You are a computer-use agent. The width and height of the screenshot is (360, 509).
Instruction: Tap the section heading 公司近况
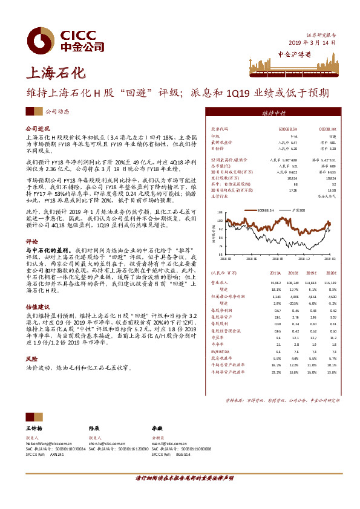pyautogui.click(x=38, y=129)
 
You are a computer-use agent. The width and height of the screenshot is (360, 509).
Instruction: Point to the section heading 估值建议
pyautogui.click(x=38, y=306)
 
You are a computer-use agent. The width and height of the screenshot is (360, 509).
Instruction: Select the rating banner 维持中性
pyautogui.click(x=273, y=113)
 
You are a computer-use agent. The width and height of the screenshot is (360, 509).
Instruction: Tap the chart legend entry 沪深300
pyautogui.click(x=298, y=209)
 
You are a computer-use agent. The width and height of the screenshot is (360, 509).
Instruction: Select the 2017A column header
pyautogui.click(x=274, y=273)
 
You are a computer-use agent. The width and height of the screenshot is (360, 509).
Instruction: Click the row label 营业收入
pyautogui.click(x=220, y=282)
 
